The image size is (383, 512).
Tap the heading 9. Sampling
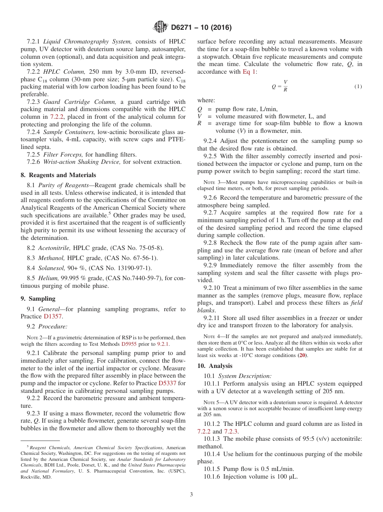(x=38, y=299)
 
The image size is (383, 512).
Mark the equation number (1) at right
(x=358, y=87)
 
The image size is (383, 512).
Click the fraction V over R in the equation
(x=285, y=87)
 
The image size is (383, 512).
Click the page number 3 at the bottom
(x=191, y=495)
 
